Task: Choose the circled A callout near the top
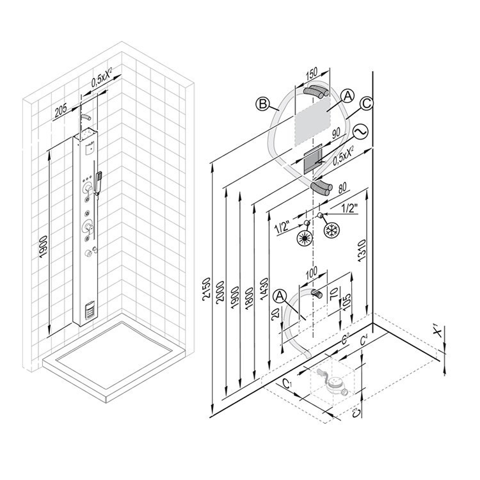346,96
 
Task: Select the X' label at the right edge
438,332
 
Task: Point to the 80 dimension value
341,188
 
